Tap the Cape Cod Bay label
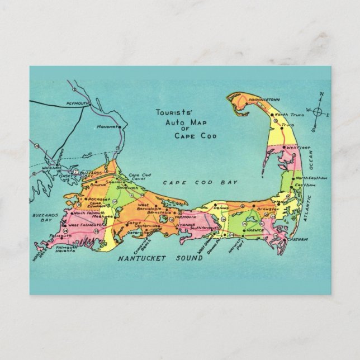[x=200, y=182]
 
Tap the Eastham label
[x=310, y=184]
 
